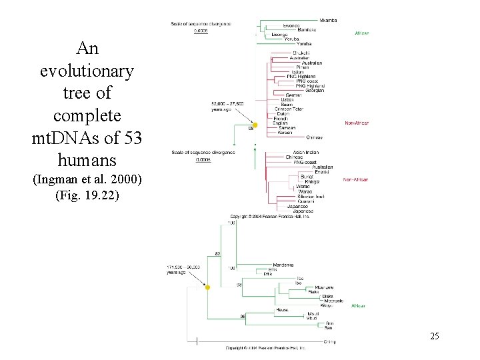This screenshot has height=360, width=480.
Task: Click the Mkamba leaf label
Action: [x=328, y=20]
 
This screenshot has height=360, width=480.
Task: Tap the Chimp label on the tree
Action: [x=330, y=342]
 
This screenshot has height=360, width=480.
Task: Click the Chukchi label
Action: [x=301, y=53]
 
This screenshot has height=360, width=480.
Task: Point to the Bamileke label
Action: [x=307, y=30]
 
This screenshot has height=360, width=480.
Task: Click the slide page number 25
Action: [x=435, y=336]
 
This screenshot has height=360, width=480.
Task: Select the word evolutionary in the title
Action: [x=87, y=71]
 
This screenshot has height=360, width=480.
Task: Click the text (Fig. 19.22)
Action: [x=87, y=196]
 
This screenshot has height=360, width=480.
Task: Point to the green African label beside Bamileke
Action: [x=361, y=33]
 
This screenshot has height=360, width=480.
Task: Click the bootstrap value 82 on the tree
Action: [x=217, y=254]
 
